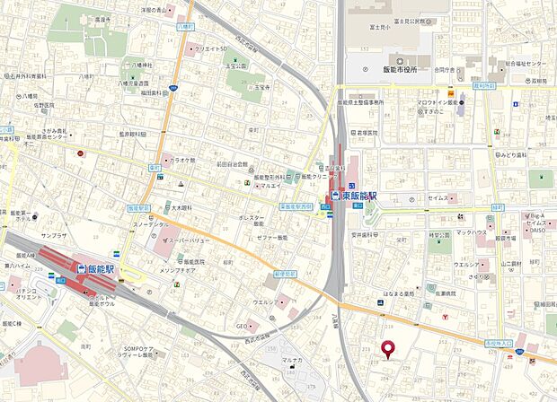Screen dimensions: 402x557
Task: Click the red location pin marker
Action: [389, 349]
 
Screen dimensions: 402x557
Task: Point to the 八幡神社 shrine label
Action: [142, 66]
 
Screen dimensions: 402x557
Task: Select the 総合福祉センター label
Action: [524, 64]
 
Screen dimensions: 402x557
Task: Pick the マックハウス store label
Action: [471, 232]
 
